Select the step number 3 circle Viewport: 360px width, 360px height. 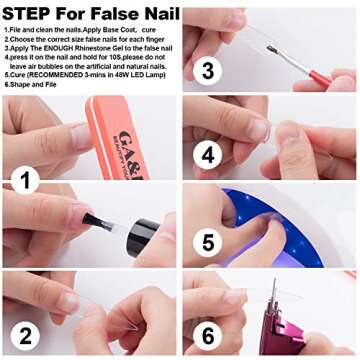click(206, 69)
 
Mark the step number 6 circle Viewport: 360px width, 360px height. click(207, 336)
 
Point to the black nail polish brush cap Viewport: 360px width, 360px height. click(95, 220)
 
